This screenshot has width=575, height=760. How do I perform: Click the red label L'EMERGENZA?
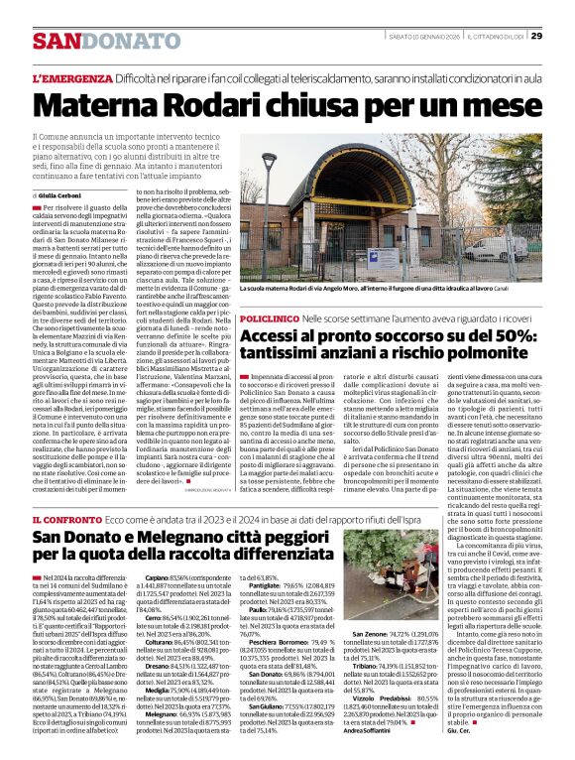71,77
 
